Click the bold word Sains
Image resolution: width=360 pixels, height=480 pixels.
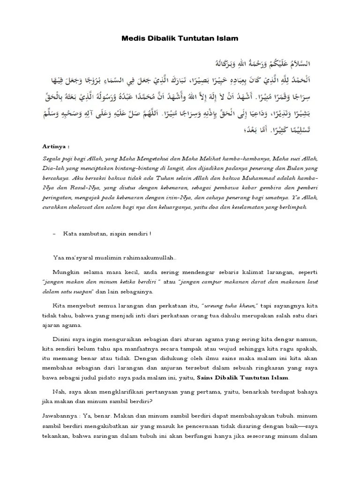pyautogui.click(x=206, y=377)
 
